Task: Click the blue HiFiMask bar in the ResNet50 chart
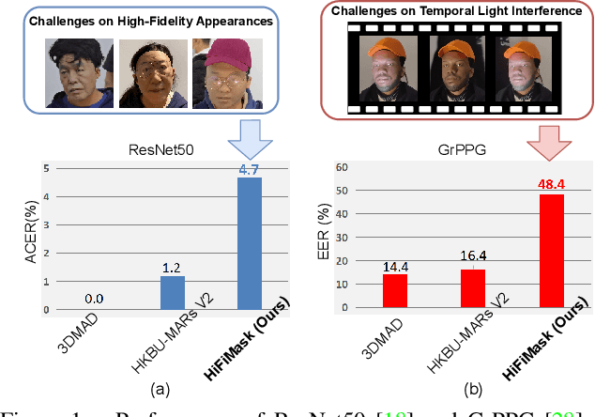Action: tap(249, 243)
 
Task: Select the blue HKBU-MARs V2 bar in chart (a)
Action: tap(173, 292)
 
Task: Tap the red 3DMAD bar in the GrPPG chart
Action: tap(395, 291)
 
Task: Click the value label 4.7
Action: tap(249, 169)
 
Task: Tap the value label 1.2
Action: tap(173, 267)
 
